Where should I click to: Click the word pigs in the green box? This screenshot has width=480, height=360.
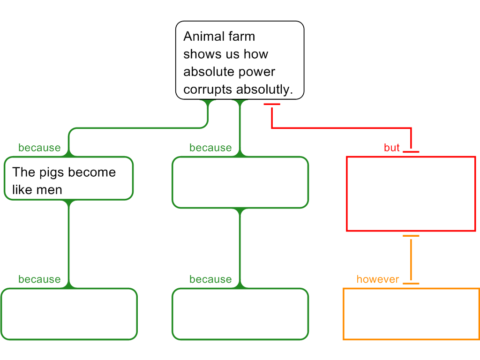click(x=48, y=172)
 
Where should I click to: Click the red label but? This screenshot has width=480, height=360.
click(x=391, y=148)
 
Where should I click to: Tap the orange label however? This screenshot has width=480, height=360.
click(x=378, y=279)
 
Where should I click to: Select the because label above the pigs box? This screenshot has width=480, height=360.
click(x=39, y=148)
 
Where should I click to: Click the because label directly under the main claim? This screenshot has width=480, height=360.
click(x=210, y=148)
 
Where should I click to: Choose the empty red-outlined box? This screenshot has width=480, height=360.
click(x=411, y=194)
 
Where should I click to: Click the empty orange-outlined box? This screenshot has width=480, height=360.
click(x=411, y=314)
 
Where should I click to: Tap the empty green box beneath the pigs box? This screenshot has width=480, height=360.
click(x=69, y=314)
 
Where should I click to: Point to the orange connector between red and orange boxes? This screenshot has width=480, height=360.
click(x=411, y=259)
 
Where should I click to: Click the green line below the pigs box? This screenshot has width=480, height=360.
click(x=69, y=244)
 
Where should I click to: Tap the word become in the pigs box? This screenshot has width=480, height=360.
click(x=94, y=172)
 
